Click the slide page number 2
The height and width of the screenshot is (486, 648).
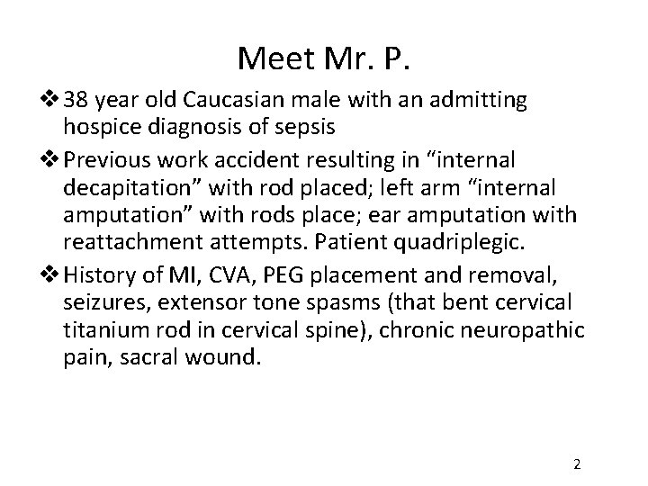pos(577,464)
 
